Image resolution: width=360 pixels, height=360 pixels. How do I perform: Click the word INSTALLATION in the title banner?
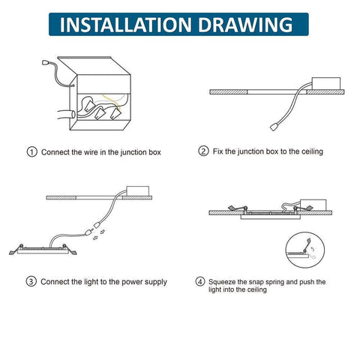[x=126, y=25]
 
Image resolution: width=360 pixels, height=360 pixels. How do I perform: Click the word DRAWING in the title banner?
[x=245, y=25]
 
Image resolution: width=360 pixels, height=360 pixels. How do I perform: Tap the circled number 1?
[x=31, y=152]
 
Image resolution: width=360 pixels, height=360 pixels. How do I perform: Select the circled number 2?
[x=203, y=151]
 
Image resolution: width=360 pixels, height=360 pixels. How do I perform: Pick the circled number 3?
[x=31, y=281]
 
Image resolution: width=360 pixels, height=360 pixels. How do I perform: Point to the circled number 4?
[x=200, y=282]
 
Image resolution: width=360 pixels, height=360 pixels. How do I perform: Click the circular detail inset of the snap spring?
[x=305, y=250]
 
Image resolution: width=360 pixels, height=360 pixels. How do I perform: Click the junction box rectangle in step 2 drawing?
[x=326, y=83]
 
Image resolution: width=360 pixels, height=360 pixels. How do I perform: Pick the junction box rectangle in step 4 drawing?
[x=313, y=205]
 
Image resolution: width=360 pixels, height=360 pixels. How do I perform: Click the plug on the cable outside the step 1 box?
[x=46, y=61]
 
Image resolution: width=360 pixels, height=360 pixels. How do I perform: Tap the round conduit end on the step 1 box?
[x=73, y=115]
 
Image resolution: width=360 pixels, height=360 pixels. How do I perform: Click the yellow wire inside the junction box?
[x=112, y=101]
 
